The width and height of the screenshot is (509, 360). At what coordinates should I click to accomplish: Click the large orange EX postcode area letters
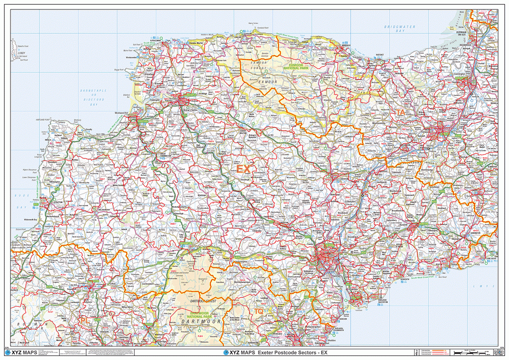243,170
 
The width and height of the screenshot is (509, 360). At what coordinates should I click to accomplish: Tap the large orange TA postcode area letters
401,113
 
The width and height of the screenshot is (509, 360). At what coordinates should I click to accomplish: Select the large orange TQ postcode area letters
259,311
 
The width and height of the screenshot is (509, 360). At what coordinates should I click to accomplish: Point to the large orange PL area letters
85,321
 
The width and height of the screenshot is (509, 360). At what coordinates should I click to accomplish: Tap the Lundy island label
21,52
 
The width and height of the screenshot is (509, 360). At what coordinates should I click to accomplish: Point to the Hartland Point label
44,120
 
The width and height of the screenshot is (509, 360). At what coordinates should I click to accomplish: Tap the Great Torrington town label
161,155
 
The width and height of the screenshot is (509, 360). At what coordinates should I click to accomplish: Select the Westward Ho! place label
122,113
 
